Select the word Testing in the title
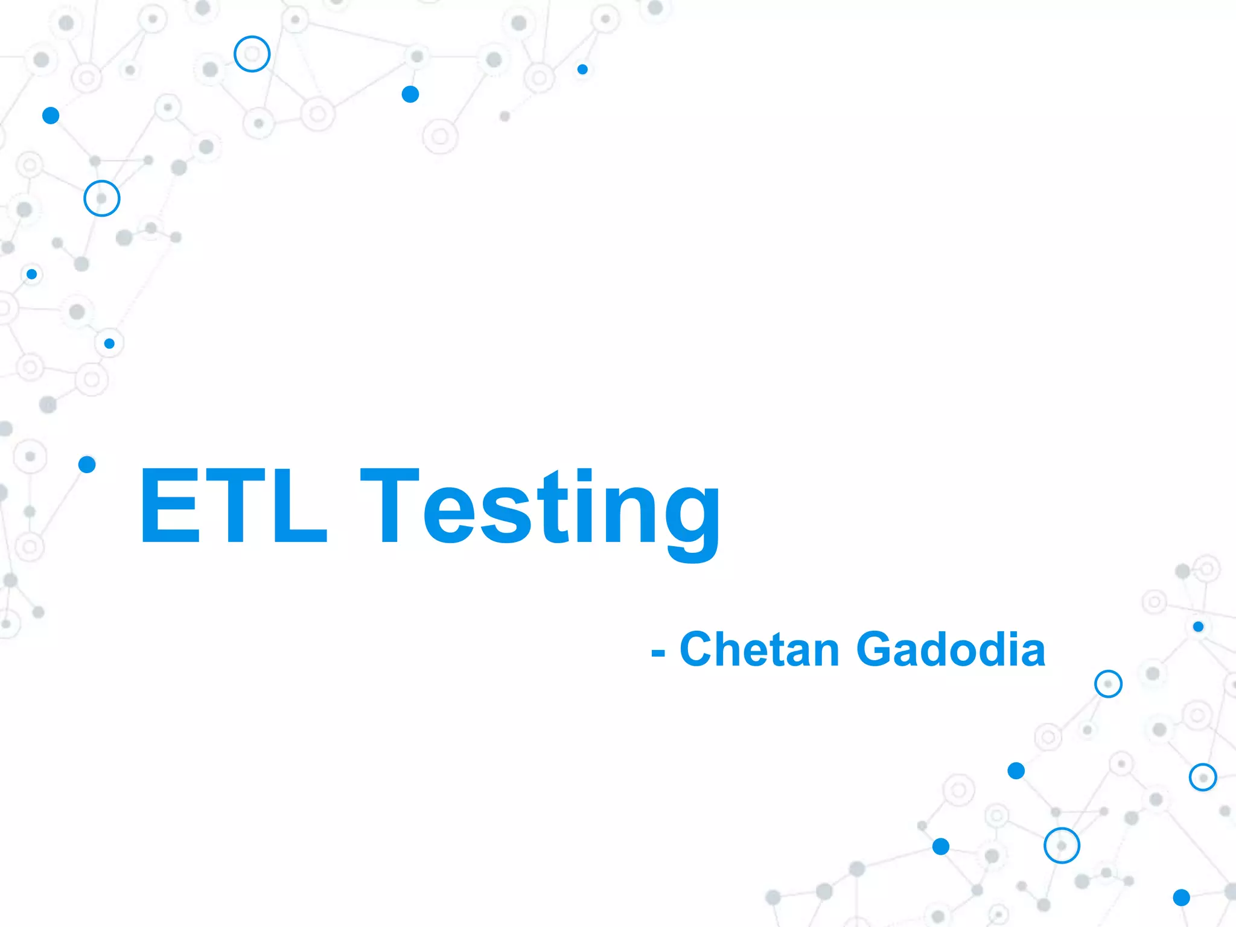tap(540, 510)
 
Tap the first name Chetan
tap(760, 649)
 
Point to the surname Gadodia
tap(951, 649)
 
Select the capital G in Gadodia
tap(875, 649)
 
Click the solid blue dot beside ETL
tap(87, 464)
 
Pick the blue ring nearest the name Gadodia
tap(1108, 684)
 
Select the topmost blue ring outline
tap(252, 54)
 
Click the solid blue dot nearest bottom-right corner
tap(1181, 897)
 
